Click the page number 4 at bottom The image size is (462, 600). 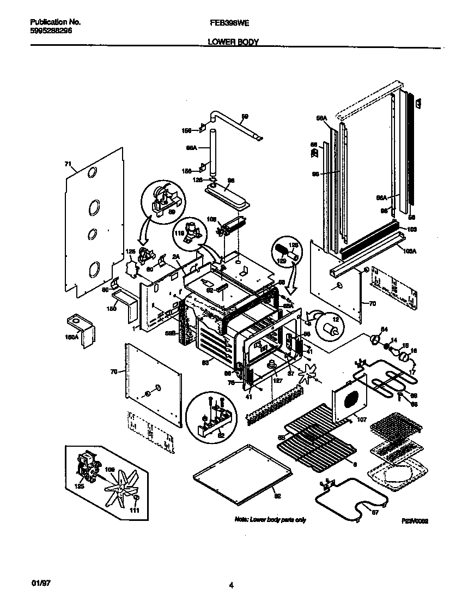pos(232,586)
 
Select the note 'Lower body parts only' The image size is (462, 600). pos(270,519)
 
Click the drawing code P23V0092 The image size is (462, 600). pos(415,521)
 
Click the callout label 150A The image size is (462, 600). pos(72,337)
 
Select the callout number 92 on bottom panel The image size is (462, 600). pos(277,495)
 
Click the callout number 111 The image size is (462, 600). pos(135,510)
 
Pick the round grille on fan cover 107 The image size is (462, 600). pos(352,399)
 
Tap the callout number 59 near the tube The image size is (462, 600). pos(245,116)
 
